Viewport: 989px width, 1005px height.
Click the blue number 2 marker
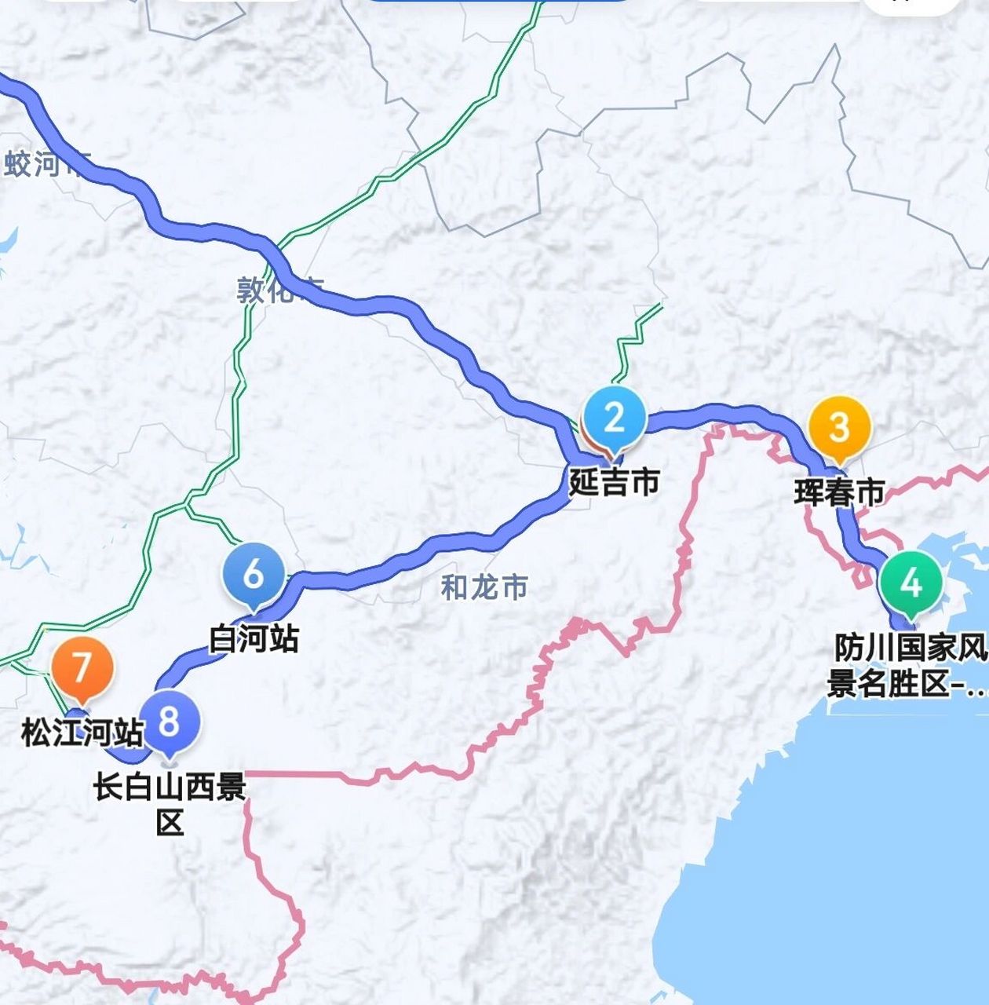pos(614,420)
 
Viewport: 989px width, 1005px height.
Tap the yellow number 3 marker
pos(839,429)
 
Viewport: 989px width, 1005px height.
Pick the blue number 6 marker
pos(254,576)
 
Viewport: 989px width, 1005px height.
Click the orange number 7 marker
pos(82,670)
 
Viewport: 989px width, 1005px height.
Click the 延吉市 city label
pos(614,481)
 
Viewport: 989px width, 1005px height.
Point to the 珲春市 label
pos(839,492)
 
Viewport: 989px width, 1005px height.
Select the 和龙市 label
pos(484,587)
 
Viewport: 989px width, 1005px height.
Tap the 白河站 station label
pos(254,639)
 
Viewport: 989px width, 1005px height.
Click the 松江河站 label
pos(82,733)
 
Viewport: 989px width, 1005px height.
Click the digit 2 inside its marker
pos(614,417)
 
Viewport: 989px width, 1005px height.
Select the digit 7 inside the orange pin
pos(82,667)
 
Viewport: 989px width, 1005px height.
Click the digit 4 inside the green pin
pos(911,583)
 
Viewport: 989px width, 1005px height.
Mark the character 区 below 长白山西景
pos(170,823)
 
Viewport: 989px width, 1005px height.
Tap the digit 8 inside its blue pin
pos(170,720)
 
